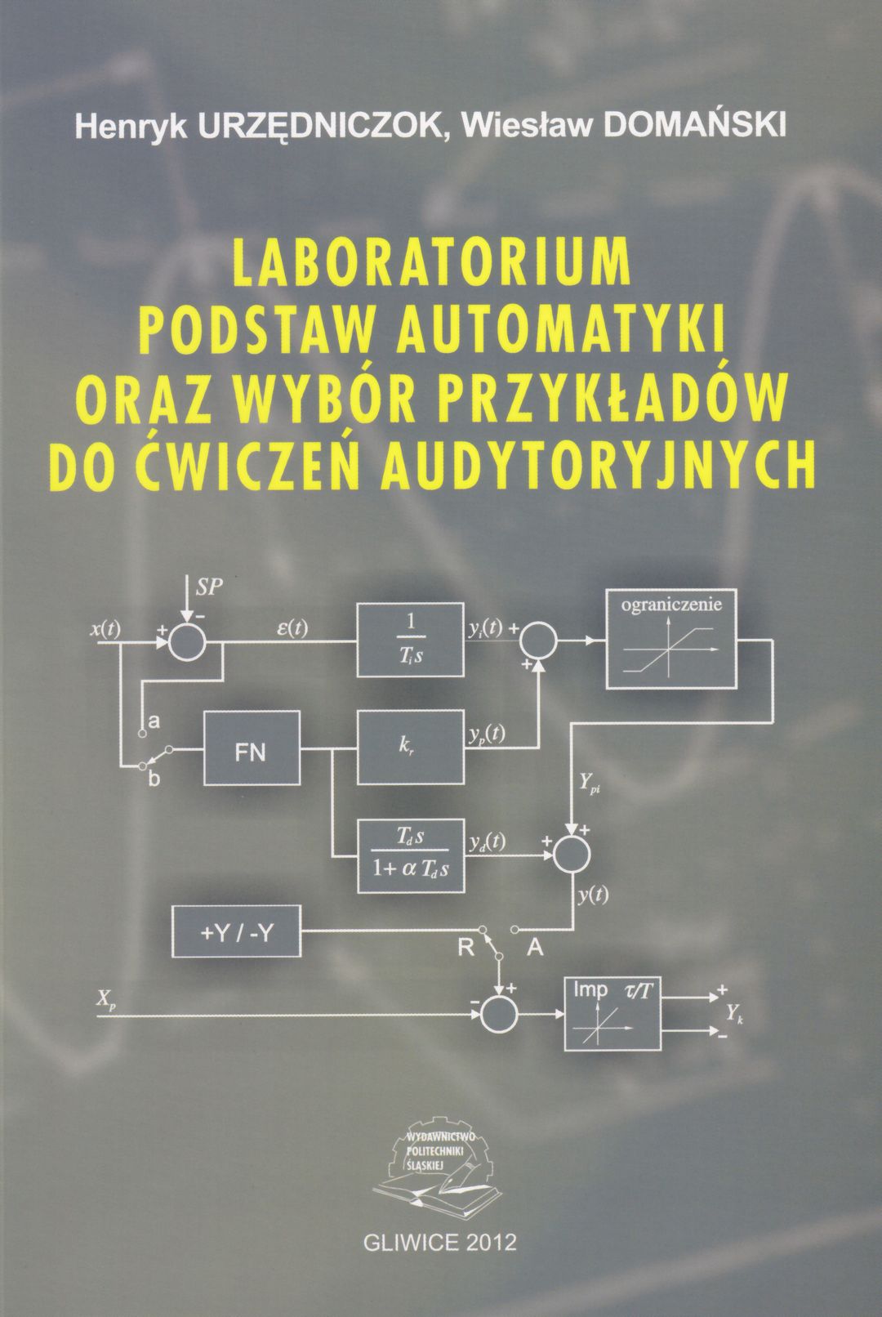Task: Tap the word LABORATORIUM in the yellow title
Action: (x=432, y=261)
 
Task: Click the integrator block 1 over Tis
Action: (x=410, y=640)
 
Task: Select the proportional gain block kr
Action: (x=410, y=748)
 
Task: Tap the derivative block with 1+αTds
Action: (x=412, y=855)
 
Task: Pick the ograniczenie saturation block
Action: (x=670, y=638)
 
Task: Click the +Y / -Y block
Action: (x=236, y=931)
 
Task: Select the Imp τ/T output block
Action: (x=612, y=1013)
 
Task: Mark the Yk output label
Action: (x=734, y=1013)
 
